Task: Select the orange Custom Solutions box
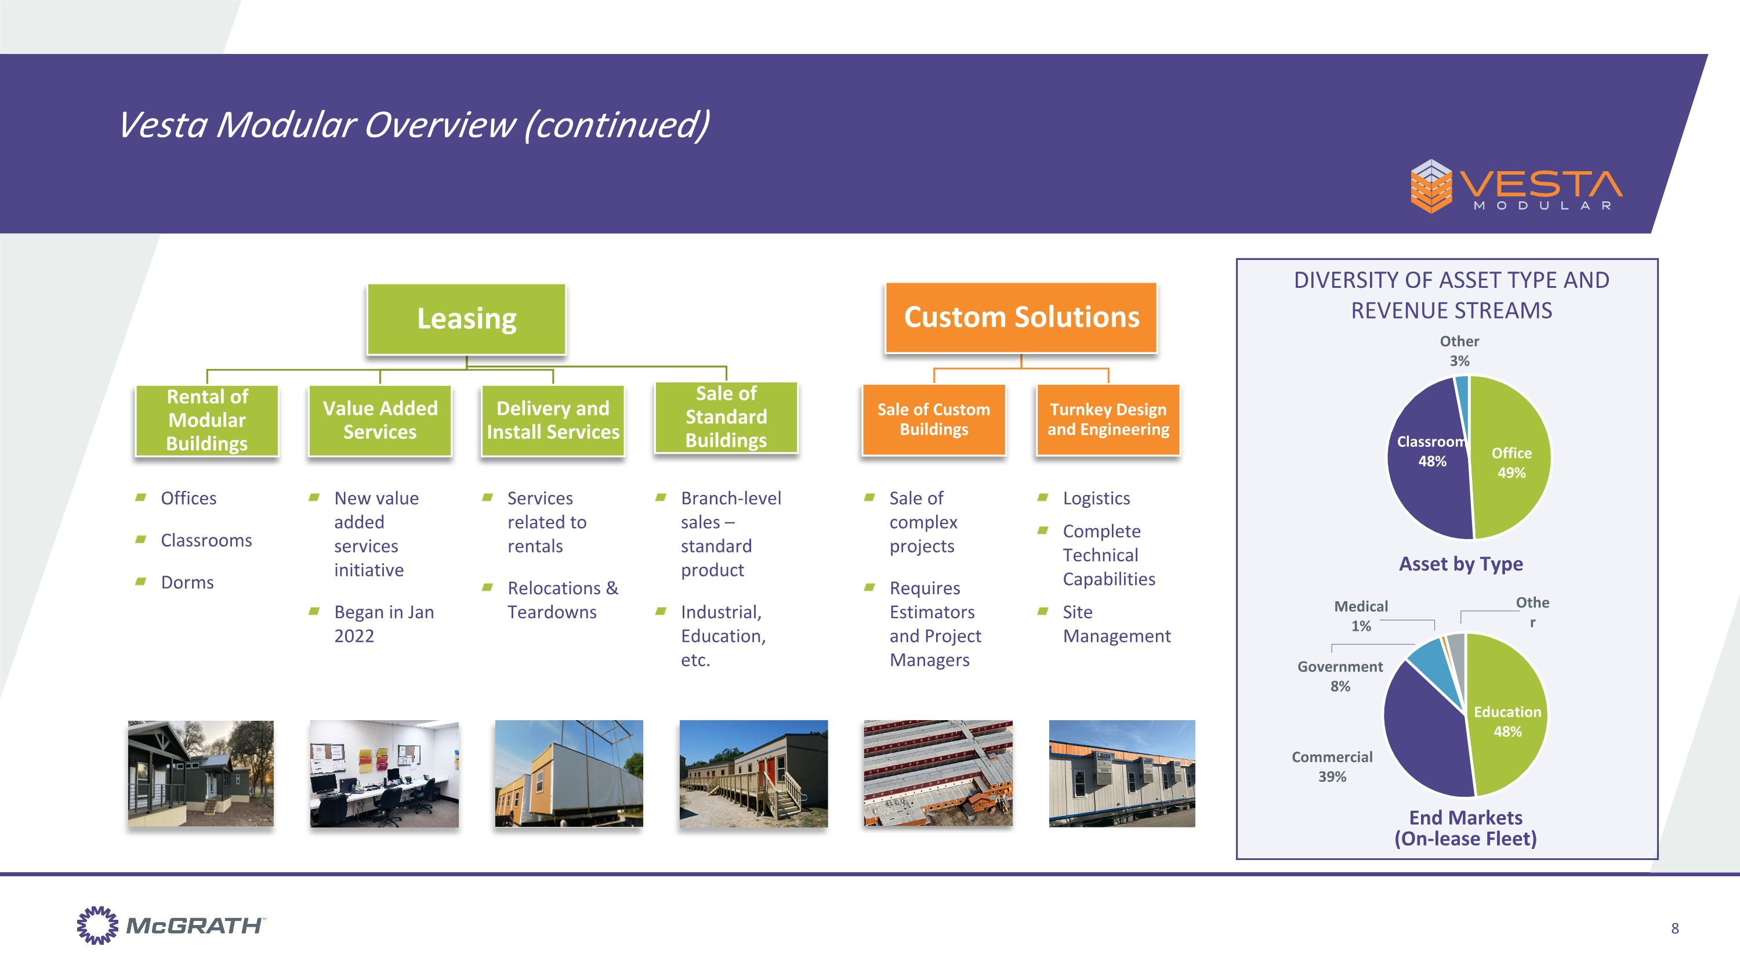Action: click(x=1021, y=317)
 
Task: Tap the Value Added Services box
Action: click(x=380, y=420)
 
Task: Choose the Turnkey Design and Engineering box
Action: click(x=1108, y=420)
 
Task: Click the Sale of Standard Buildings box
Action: click(x=726, y=417)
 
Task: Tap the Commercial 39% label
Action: click(x=1332, y=766)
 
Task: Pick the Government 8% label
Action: click(x=1340, y=675)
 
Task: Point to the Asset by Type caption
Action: click(x=1460, y=563)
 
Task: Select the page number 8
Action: click(x=1674, y=929)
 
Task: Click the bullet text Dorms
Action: click(x=187, y=583)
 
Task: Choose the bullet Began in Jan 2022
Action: click(x=383, y=624)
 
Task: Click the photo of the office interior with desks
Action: click(x=383, y=774)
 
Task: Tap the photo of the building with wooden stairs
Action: click(x=753, y=774)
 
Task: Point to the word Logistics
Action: click(x=1096, y=498)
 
